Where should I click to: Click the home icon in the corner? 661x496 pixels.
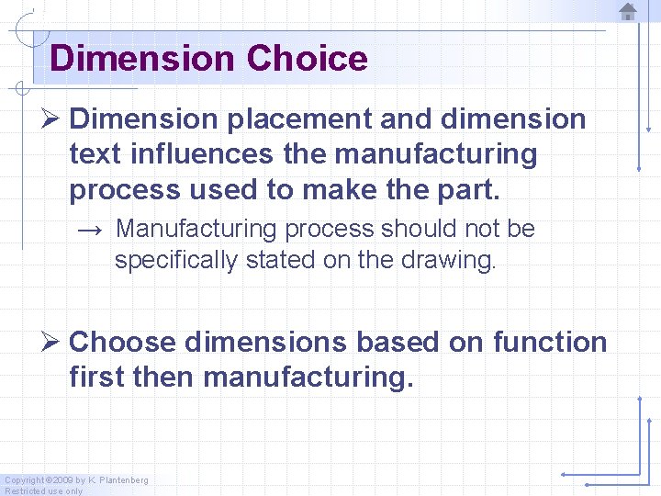tap(628, 12)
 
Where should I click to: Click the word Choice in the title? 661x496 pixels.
tap(307, 59)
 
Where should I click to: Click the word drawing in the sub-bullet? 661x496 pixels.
tap(453, 260)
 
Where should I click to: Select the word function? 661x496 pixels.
tap(550, 343)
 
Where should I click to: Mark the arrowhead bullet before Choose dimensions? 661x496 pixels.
tap(51, 343)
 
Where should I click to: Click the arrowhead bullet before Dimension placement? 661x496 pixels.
tap(51, 119)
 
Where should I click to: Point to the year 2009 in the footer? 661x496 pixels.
tap(62, 480)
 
